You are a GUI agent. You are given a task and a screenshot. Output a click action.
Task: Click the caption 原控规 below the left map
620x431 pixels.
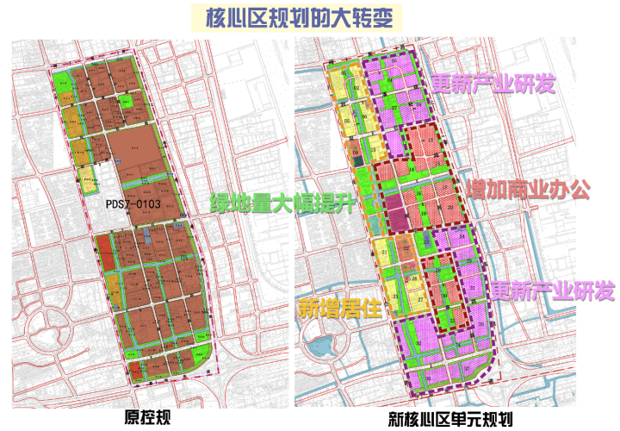(148, 417)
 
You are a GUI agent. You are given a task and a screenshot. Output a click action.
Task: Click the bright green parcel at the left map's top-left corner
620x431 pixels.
(60, 81)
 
